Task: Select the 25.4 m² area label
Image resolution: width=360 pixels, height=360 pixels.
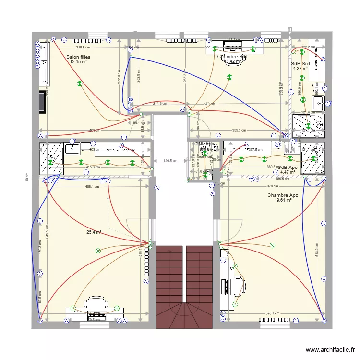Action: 94,232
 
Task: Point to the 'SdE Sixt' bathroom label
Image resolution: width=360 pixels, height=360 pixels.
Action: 300,63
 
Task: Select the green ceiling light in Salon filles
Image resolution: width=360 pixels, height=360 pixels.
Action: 80,84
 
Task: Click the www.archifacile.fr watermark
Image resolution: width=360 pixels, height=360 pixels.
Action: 330,350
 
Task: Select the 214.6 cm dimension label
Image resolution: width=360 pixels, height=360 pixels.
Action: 160,104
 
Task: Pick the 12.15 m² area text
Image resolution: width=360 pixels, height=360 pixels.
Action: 78,61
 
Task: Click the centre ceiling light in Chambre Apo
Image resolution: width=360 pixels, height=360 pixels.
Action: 272,245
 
